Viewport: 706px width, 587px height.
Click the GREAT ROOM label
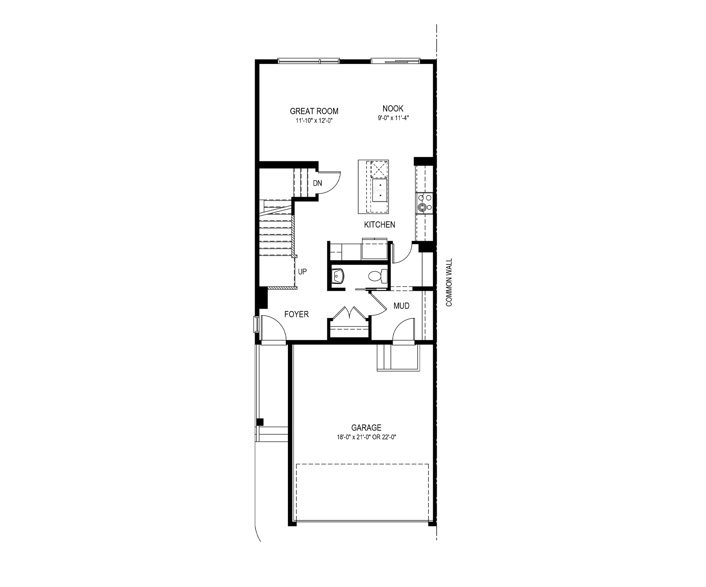click(314, 111)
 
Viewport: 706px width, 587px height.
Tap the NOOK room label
click(393, 108)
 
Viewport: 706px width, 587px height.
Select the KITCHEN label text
click(380, 225)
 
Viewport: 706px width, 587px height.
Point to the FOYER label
click(297, 315)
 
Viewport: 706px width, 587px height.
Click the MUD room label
click(401, 306)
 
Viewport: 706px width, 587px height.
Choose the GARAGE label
click(366, 428)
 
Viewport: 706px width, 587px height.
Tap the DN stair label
click(317, 183)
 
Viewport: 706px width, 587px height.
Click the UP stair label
click(302, 272)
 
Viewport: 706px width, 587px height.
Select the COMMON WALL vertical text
click(449, 283)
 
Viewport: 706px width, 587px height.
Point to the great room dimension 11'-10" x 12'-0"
click(314, 121)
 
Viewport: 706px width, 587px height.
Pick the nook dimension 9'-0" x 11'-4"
click(393, 118)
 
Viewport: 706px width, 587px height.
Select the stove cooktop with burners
click(424, 203)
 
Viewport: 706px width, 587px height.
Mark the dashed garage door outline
click(363, 492)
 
